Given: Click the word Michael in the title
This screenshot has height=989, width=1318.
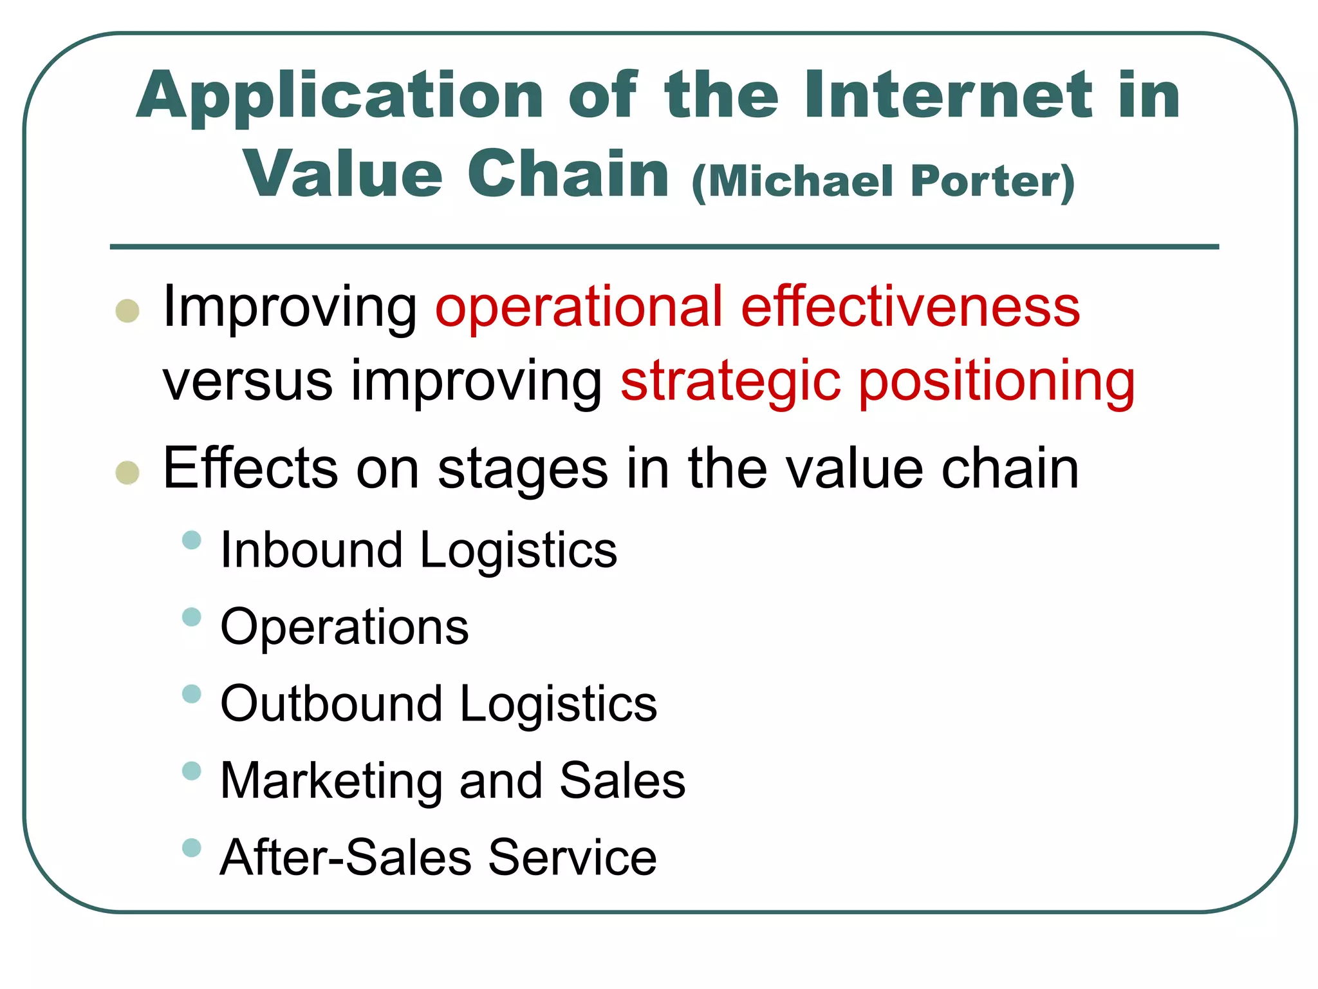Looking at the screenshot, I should (801, 182).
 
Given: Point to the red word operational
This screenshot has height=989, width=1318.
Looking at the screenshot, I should (579, 307).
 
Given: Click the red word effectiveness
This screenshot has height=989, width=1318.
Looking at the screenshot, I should (910, 307).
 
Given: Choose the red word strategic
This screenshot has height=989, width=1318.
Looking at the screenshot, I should (730, 381).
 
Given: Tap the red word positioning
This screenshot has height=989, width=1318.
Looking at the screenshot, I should (998, 381).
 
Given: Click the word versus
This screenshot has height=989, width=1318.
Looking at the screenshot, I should (248, 381).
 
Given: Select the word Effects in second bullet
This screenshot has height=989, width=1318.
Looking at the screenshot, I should (250, 468).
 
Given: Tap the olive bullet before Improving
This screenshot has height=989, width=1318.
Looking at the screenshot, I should (127, 310).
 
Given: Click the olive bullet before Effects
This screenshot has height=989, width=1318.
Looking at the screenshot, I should (127, 472).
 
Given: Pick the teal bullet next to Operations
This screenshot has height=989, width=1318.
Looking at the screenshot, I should (192, 617).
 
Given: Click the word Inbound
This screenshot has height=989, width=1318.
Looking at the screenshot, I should (311, 550).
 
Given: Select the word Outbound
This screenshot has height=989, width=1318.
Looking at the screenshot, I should (331, 703).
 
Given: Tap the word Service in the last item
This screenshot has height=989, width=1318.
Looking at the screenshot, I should (572, 857).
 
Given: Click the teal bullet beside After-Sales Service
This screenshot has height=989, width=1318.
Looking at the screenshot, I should (192, 847).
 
